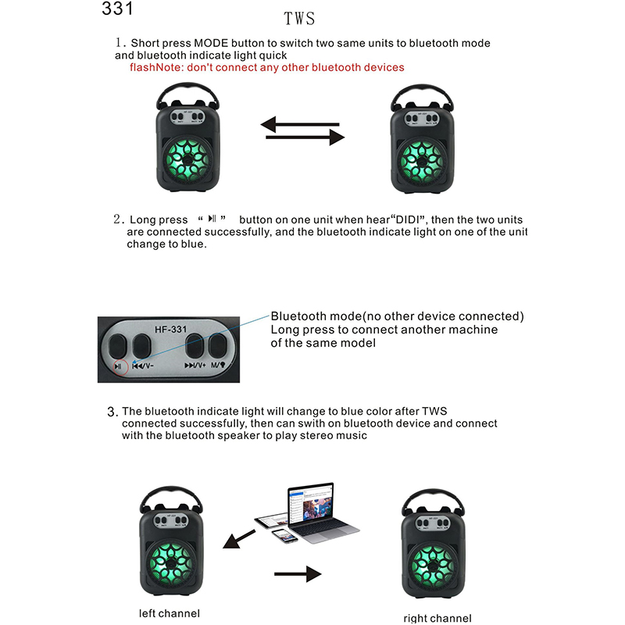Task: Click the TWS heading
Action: tap(300, 18)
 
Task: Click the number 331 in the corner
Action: tap(117, 9)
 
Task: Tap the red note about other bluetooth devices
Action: tap(267, 67)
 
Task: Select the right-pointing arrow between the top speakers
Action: tap(305, 138)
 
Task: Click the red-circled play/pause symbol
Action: tap(118, 366)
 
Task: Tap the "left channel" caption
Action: tap(169, 613)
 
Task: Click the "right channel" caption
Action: tap(437, 618)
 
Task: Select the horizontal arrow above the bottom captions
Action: tap(298, 574)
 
